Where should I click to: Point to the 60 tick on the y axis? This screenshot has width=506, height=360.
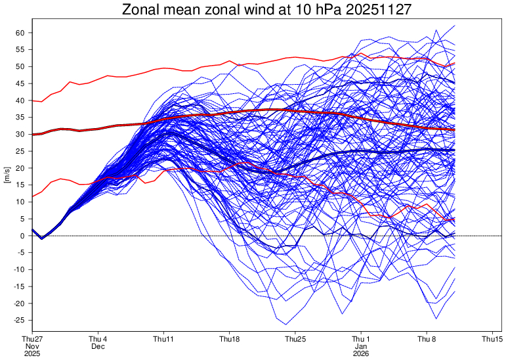pos(20,33)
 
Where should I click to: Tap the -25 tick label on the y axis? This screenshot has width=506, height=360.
pos(18,320)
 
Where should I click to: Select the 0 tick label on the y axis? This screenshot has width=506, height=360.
pos(22,236)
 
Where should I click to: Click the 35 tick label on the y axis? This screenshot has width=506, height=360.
pos(20,118)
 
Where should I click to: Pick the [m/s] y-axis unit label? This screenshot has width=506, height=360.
pos(7,177)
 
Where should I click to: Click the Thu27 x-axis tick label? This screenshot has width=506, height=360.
pos(32,338)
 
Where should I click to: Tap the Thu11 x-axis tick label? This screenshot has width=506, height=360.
pos(163,338)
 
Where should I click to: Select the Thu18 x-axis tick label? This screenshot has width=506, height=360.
pos(229,338)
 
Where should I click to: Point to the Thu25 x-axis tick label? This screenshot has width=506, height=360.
pos(295,338)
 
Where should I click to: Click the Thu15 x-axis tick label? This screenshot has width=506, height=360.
pos(492,338)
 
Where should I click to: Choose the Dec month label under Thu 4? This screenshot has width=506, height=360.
pos(98,346)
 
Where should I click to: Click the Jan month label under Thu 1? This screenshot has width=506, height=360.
pos(361,346)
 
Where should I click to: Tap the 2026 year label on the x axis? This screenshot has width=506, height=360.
pos(361,353)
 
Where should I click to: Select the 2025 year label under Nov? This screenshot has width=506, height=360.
pos(32,353)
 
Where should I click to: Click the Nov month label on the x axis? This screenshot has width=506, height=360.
pos(32,346)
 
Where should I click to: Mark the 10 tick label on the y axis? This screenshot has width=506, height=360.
pos(20,202)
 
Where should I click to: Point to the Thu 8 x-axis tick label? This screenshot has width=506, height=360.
pos(427,338)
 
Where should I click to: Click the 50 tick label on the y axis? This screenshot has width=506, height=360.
pos(20,67)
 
